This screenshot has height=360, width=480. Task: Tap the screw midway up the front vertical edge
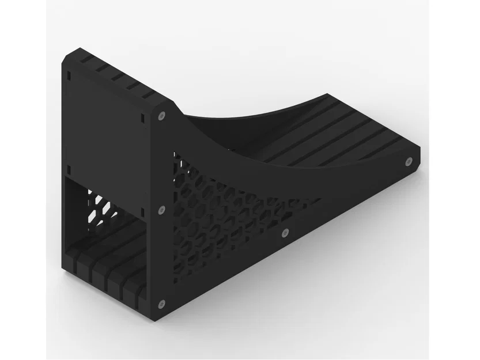click(161, 210)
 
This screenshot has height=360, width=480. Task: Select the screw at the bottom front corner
click(162, 304)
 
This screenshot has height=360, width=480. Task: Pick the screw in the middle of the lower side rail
click(285, 233)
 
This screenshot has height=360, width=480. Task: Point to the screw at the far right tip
click(409, 162)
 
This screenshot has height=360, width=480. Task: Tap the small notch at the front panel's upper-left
click(69, 75)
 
